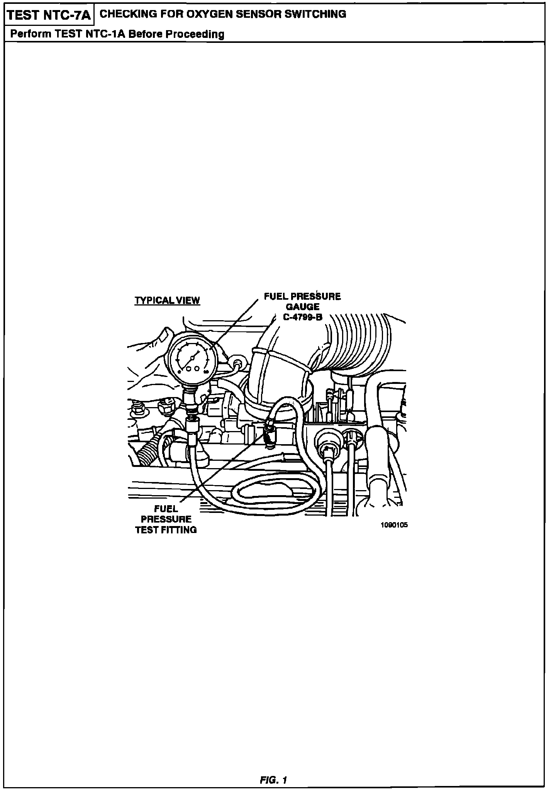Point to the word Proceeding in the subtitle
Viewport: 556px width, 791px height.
click(x=195, y=34)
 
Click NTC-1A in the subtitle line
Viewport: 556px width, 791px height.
click(x=107, y=34)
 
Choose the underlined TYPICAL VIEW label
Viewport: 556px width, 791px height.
click(x=167, y=300)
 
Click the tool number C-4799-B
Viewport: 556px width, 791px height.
click(x=303, y=317)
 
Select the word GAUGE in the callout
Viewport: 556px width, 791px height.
click(x=303, y=307)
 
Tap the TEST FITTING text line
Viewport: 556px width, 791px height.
click(x=166, y=530)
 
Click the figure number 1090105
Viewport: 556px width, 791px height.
click(x=394, y=525)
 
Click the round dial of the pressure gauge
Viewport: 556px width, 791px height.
click(x=192, y=359)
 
